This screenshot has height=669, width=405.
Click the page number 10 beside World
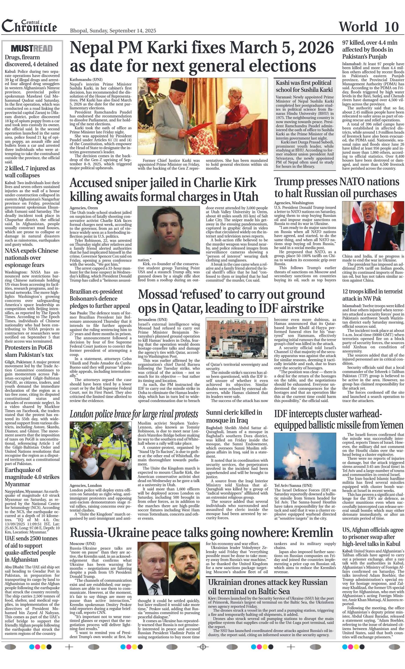pos(391,27)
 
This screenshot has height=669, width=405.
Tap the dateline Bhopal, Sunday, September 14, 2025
pos(113,31)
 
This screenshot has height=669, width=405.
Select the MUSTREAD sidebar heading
pos(32,48)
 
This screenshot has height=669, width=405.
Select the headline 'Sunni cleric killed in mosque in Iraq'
pos(234,416)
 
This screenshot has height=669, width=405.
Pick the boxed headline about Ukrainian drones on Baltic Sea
pos(268,587)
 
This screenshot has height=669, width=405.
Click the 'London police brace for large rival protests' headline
pos(134,414)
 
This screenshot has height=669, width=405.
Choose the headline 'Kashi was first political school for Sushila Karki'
pos(304,86)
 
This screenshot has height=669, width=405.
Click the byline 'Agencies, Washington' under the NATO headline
pos(294,203)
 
